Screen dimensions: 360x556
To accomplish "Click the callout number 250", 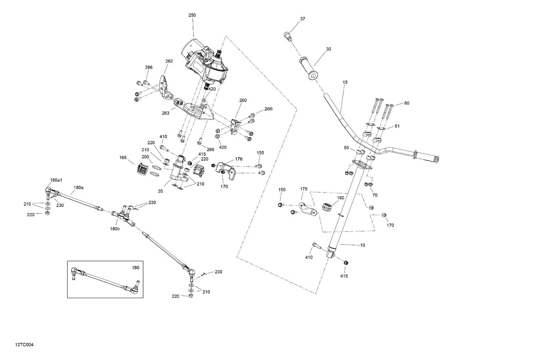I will point(192,15).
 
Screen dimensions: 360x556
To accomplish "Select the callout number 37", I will point(302,19).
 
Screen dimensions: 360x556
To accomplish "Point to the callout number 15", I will point(345,82).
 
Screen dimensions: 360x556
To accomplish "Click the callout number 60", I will point(407,103).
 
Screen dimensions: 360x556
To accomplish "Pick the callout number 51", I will point(397,126).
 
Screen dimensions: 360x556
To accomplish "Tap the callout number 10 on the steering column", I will point(363,245).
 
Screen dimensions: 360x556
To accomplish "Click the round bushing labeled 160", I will point(327,208).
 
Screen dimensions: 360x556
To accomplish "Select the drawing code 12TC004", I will point(24,345).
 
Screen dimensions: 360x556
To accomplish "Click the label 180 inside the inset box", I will point(136,267).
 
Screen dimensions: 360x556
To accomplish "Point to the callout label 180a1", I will point(56,180).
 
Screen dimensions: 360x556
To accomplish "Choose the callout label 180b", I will point(115,229).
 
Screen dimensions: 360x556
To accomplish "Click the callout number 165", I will point(123,158).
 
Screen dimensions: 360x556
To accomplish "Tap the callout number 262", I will point(169,61).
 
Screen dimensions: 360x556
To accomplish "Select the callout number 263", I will point(166,113).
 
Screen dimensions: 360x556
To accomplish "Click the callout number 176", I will point(239,159).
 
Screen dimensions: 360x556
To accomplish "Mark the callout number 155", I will point(261,152).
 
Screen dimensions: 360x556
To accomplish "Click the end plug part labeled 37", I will point(287,36).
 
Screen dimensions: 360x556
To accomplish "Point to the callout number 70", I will point(375,195).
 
